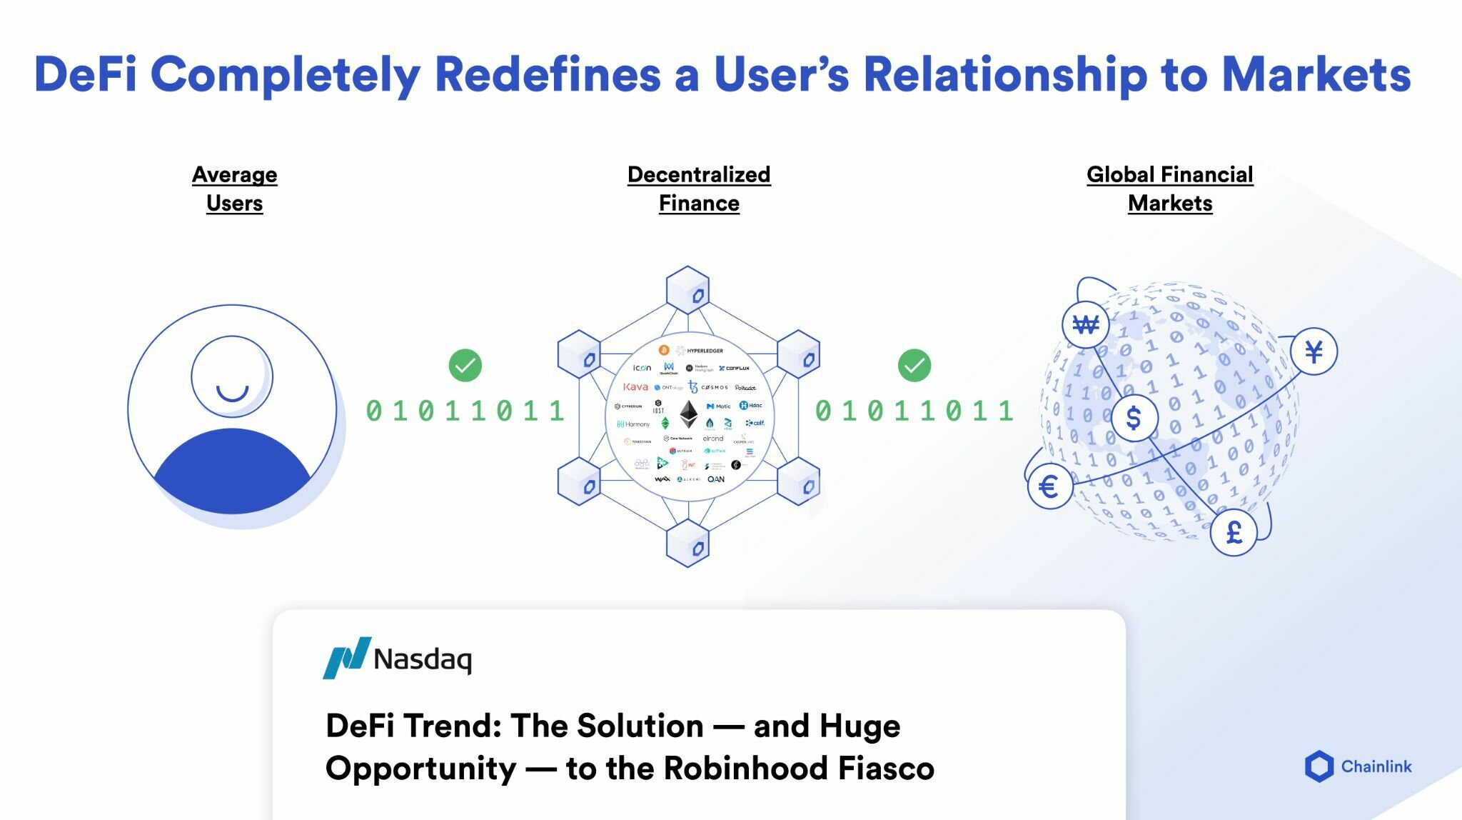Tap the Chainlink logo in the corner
pos(1357,766)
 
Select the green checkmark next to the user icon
pos(465,365)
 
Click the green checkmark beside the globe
pos(914,365)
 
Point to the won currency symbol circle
pos(1085,325)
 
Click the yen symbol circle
pos(1314,351)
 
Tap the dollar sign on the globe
pos(1134,418)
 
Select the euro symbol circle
pos(1049,487)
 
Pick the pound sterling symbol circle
pos(1234,532)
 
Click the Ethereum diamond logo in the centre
pos(688,414)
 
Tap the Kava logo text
pos(635,386)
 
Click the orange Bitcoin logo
pos(663,350)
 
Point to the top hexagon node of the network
pos(687,290)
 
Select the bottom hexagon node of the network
pos(687,543)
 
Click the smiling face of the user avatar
pos(231,377)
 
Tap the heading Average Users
pos(234,189)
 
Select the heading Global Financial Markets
pos(1169,189)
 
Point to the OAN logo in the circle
pos(715,479)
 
